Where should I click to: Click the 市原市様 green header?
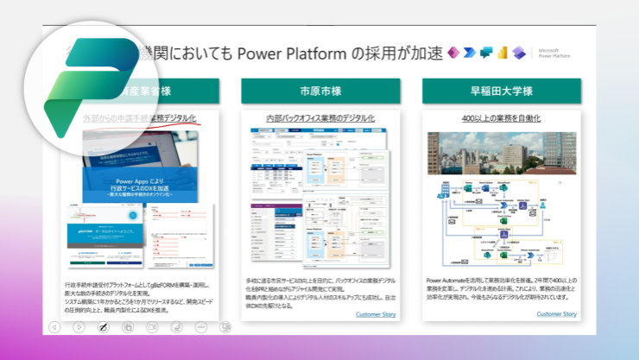click(320, 91)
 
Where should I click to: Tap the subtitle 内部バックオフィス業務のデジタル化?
click(320, 117)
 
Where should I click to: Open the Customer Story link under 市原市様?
click(376, 314)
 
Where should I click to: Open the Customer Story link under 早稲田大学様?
click(556, 314)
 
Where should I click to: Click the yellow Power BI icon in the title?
click(503, 54)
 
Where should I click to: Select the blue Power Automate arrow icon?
click(469, 54)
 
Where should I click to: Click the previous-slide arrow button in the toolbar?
click(54, 327)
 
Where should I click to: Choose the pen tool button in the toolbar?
click(103, 327)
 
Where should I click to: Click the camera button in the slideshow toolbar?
click(152, 327)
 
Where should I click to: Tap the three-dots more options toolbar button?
click(200, 327)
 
